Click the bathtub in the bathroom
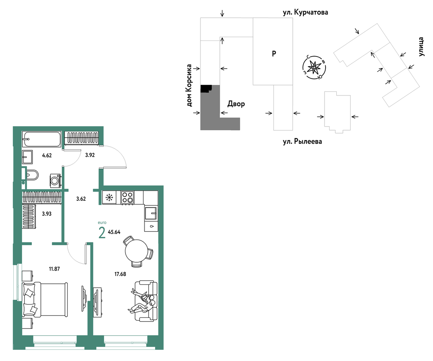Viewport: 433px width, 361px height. (42, 139)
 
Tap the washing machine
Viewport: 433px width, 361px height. (55, 180)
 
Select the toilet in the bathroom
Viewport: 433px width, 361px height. (32, 175)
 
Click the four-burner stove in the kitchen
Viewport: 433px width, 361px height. (127, 198)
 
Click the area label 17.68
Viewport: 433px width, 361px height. (120, 274)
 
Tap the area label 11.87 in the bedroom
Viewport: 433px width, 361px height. (54, 269)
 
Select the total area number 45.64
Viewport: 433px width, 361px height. (114, 232)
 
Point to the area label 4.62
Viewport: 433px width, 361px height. (47, 155)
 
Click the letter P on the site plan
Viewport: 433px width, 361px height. (274, 54)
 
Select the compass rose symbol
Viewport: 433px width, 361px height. (314, 68)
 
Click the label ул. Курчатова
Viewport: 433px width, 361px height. (306, 12)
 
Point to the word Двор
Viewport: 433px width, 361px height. (236, 104)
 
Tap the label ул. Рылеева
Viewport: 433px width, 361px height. (302, 142)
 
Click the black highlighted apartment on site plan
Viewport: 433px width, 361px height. (206, 88)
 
